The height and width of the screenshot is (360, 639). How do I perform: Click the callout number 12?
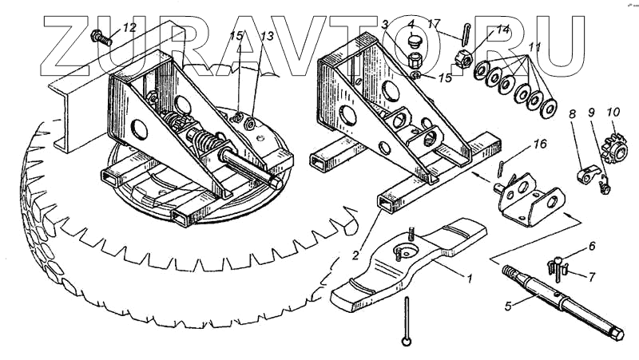point(129,28)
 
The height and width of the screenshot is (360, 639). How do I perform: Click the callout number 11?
point(534,46)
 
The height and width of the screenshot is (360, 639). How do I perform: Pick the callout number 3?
point(385,25)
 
